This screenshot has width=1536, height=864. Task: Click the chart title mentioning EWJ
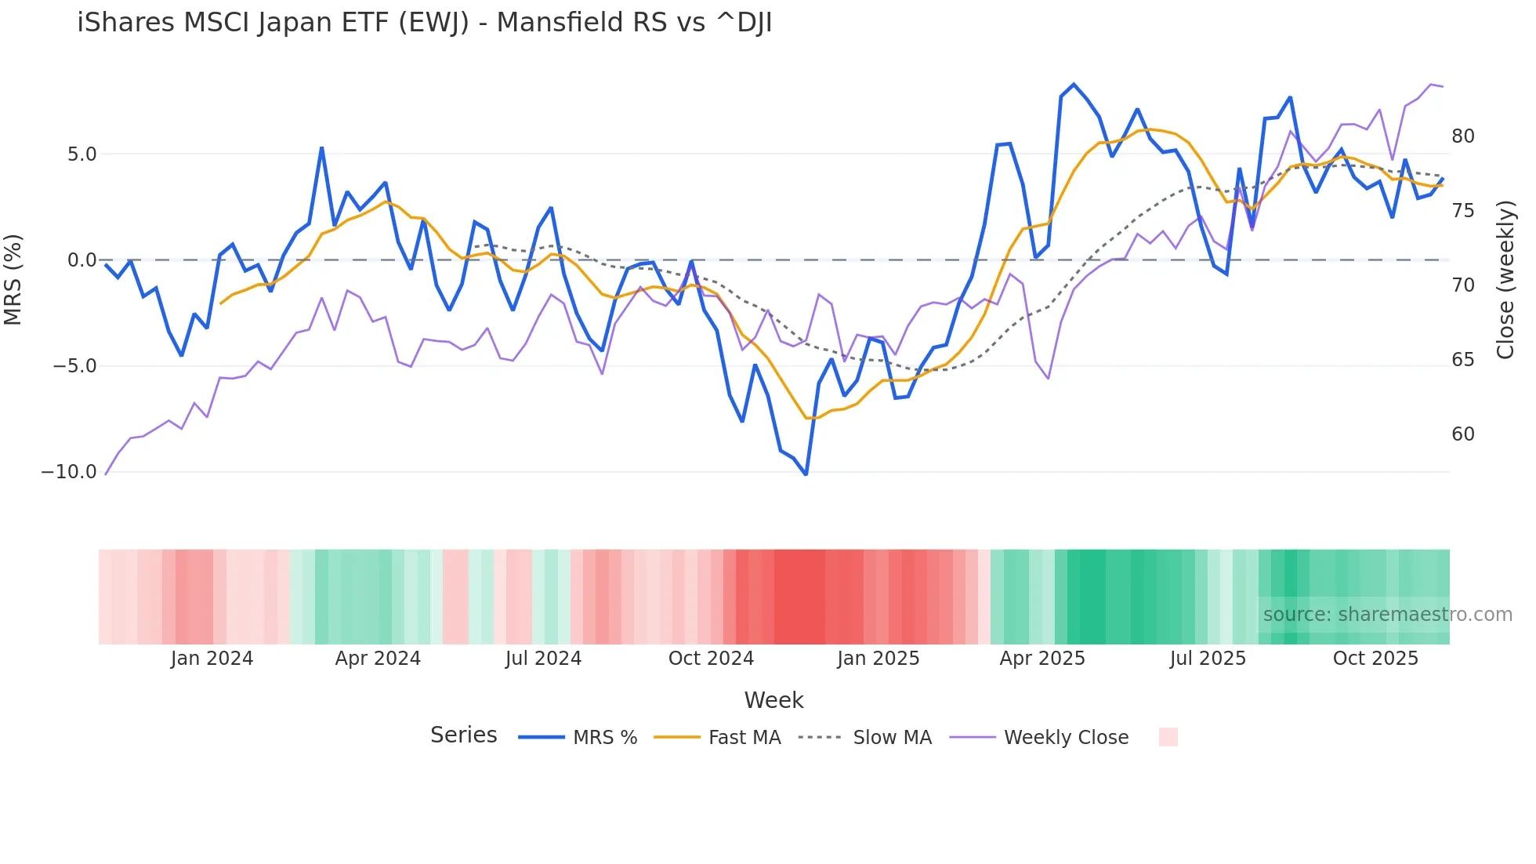(424, 23)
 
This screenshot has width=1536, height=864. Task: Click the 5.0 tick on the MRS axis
(82, 154)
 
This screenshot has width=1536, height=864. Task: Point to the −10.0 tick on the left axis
(69, 472)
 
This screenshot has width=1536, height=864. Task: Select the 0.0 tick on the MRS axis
(82, 260)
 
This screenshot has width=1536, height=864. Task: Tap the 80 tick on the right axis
(1462, 136)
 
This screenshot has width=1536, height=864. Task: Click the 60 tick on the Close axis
(1462, 434)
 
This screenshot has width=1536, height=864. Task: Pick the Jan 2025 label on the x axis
(878, 659)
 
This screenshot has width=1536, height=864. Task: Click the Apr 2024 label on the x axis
(378, 659)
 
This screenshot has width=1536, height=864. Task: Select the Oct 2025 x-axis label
(1375, 659)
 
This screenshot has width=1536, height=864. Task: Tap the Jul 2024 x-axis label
(543, 659)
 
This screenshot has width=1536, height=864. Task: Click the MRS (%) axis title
(13, 279)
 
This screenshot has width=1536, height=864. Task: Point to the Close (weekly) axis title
(1505, 280)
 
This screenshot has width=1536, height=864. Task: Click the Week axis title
(773, 700)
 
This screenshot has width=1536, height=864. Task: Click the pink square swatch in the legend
(1168, 737)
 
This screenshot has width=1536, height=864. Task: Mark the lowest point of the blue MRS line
(806, 474)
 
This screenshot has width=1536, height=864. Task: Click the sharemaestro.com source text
(1387, 615)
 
